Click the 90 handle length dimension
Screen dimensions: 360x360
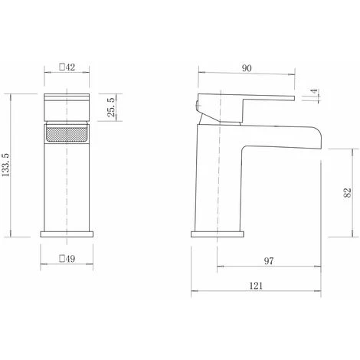[x=247, y=68]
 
